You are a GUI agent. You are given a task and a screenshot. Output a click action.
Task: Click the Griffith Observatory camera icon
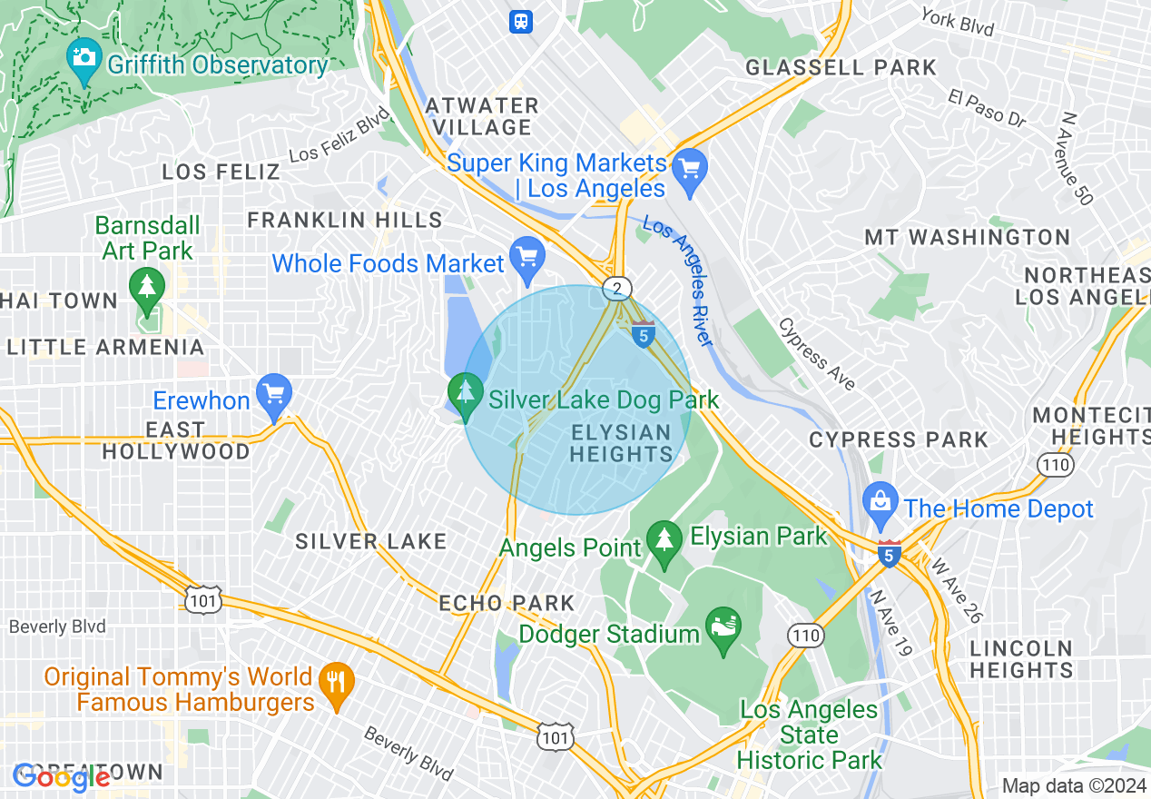point(84,57)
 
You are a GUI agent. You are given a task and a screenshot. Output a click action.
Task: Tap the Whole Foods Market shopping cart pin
point(526,255)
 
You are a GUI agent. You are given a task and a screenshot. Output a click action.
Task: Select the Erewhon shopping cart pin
point(273,392)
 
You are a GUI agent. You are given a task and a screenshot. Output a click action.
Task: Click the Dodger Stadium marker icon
point(723,627)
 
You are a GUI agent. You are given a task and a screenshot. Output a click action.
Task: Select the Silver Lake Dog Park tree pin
point(466,392)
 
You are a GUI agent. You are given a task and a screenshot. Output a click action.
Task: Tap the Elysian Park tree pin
point(665,539)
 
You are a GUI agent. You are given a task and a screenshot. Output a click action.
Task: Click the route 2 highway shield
point(617,289)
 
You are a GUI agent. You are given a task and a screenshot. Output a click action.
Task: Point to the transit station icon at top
point(521,21)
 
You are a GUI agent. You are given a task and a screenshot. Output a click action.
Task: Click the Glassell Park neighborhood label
point(841,67)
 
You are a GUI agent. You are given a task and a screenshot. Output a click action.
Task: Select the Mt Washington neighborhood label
point(967,238)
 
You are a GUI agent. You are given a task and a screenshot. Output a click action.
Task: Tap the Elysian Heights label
point(622,442)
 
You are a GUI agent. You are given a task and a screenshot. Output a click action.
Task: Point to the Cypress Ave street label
point(817,354)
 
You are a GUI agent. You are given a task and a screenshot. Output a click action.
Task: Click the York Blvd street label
point(957,23)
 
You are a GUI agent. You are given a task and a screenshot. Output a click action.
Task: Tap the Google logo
point(62,777)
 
